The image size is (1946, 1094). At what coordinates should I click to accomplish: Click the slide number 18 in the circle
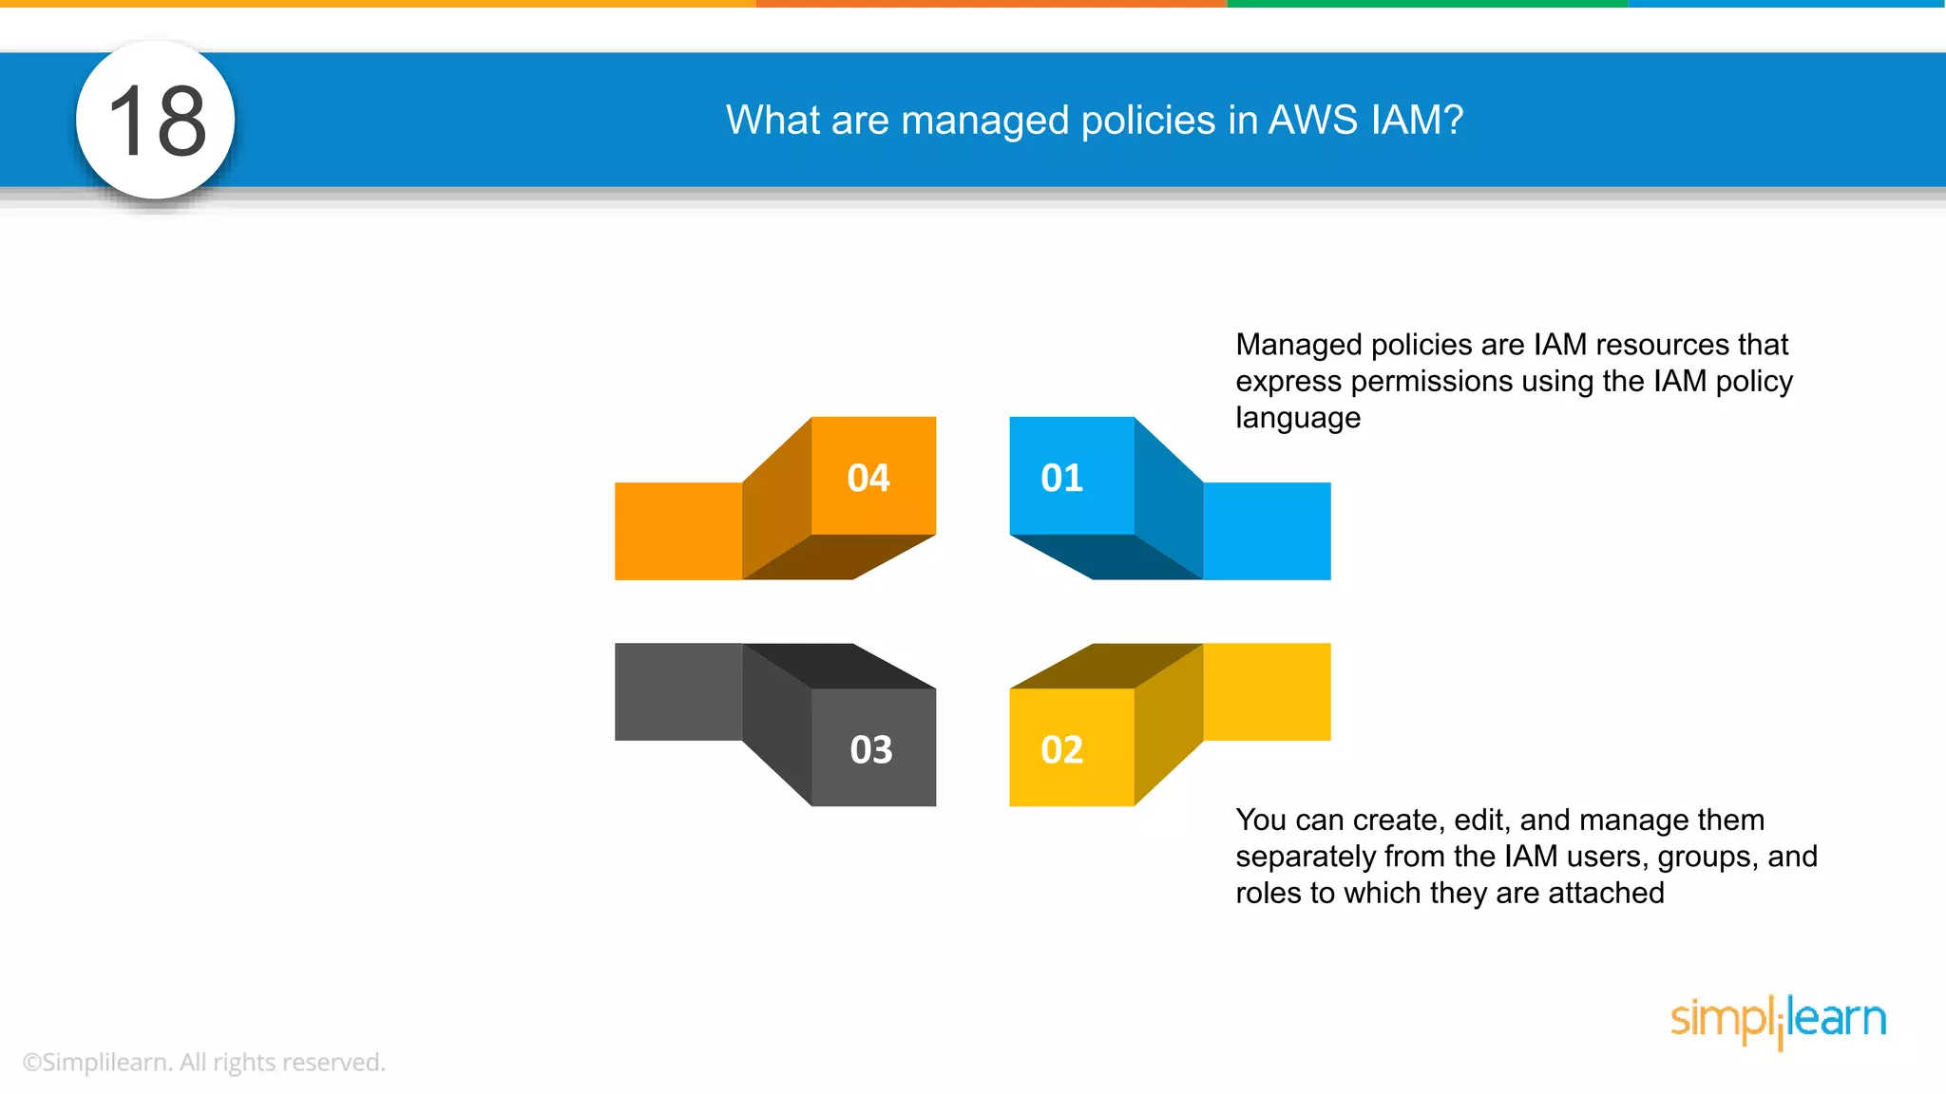(157, 121)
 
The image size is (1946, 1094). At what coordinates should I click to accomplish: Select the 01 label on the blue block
(1061, 478)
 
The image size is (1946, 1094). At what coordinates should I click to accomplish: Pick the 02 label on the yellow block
(1061, 750)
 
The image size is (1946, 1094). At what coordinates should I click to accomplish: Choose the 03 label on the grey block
(871, 750)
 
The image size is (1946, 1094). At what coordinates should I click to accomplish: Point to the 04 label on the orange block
(868, 478)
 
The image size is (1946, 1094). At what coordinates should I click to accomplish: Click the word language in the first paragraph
(1298, 418)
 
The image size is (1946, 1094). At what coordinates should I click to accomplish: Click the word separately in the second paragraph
(1306, 857)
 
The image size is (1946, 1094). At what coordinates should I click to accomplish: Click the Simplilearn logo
(1778, 1020)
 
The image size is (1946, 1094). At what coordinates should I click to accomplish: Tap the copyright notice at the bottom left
(204, 1062)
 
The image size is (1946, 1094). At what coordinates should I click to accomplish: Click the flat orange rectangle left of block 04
(677, 531)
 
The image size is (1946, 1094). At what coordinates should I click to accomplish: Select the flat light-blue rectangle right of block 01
(1267, 531)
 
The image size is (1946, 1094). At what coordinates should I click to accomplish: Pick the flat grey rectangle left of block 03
(677, 691)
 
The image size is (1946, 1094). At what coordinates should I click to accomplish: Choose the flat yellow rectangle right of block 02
(1267, 691)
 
